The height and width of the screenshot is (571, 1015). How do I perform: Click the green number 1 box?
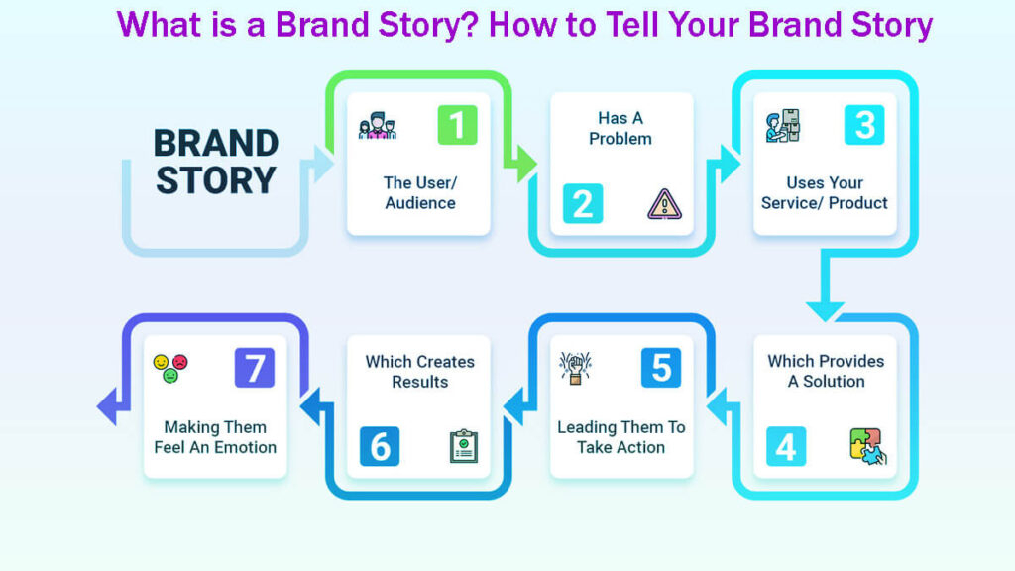tap(457, 125)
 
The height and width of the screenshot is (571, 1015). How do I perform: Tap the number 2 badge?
tap(582, 203)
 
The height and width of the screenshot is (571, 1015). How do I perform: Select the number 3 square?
tap(863, 125)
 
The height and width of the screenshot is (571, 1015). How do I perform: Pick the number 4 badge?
tap(785, 446)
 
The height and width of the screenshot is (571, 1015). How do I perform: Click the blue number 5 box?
tap(660, 368)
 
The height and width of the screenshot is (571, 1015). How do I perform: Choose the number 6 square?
tap(380, 446)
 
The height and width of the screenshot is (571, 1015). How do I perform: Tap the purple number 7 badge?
tap(254, 368)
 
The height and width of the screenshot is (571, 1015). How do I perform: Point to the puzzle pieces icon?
tap(867, 446)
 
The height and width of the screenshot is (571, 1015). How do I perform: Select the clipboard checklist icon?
tap(463, 446)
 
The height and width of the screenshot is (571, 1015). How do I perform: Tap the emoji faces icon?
tap(170, 368)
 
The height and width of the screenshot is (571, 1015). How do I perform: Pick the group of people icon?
tap(377, 127)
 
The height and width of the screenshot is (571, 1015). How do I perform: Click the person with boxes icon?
tap(782, 126)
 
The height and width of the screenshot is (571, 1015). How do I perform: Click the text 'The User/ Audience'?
tap(419, 193)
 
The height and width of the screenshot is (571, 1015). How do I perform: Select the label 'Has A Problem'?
tap(620, 129)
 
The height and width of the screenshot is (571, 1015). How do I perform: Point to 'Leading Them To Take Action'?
tap(620, 437)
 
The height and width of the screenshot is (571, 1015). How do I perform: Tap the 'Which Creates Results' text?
tap(419, 372)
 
